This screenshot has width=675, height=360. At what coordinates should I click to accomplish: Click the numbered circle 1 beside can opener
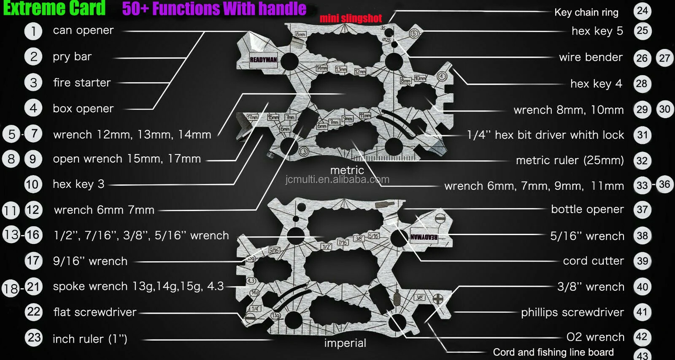tap(33, 31)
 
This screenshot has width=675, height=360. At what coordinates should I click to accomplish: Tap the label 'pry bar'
tap(72, 57)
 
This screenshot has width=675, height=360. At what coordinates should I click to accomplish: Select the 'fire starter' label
tap(82, 83)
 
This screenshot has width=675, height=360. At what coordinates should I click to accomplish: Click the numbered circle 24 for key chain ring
tap(642, 11)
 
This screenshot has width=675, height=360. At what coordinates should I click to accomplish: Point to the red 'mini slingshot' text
tap(351, 18)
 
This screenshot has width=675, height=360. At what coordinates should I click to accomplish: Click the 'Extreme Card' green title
tap(54, 8)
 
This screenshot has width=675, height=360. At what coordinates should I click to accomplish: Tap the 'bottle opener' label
tap(587, 209)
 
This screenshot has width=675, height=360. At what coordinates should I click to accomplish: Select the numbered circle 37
tap(642, 210)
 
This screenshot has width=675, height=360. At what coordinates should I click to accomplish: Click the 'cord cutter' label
tap(593, 261)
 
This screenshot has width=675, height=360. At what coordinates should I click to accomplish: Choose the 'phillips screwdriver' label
tap(572, 312)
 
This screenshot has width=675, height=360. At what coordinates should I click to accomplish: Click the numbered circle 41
tap(642, 312)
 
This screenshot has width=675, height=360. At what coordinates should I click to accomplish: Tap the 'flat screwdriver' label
tap(95, 312)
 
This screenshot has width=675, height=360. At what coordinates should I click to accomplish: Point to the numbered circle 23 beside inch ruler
tap(34, 338)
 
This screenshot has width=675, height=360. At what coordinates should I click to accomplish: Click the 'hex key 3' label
tap(78, 184)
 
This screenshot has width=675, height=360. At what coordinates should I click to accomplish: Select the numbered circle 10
tap(33, 184)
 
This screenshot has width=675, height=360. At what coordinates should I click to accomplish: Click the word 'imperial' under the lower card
tap(345, 343)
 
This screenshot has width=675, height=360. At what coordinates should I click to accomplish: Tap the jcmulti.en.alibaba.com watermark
tap(337, 180)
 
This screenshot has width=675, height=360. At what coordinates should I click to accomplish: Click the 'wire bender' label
tap(591, 57)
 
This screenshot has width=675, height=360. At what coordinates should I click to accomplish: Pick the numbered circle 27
tap(664, 58)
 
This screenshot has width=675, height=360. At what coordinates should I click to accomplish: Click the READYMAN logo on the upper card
tap(263, 60)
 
